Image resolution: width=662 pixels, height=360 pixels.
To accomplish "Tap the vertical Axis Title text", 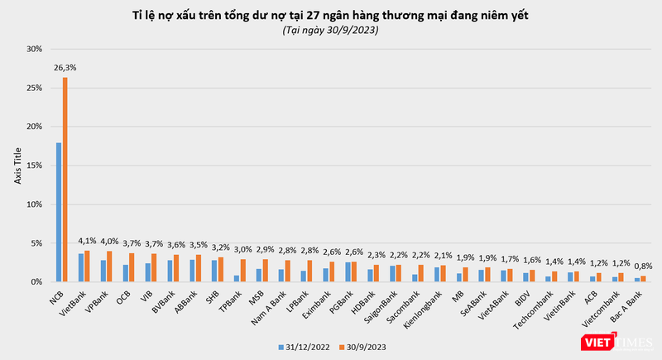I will [17, 166].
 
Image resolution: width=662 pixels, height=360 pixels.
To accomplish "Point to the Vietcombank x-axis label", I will [611, 306].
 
